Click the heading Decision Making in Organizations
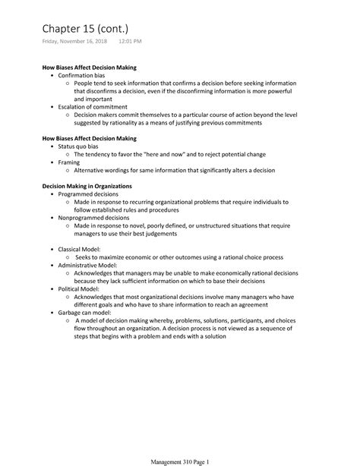[x=86, y=185]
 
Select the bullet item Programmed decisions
[x=90, y=194]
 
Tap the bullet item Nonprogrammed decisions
[x=95, y=218]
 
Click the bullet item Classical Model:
[x=84, y=249]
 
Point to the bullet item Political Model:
[x=82, y=288]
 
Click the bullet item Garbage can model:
[x=85, y=312]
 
